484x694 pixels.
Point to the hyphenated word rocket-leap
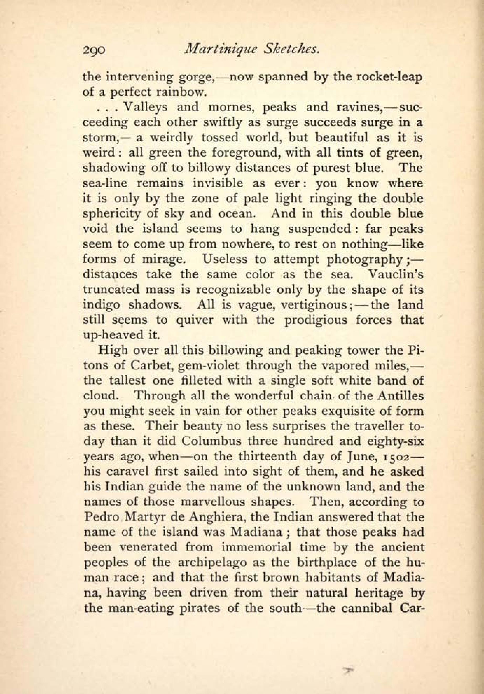tap(389, 78)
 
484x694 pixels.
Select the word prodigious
tap(316, 320)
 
